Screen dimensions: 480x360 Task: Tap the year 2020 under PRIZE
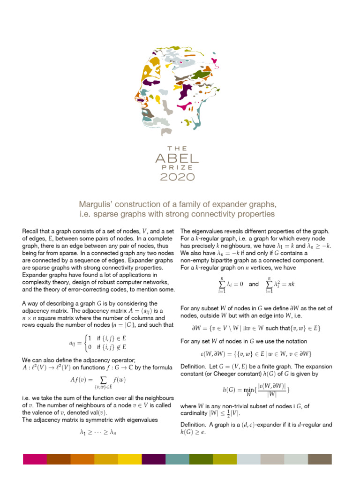pos(178,177)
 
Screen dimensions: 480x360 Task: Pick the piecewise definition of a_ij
pos(98,343)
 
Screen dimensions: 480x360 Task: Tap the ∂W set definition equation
pos(256,328)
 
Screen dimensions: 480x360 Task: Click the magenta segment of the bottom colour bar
pos(35,459)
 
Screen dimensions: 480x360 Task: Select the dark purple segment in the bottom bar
pos(153,459)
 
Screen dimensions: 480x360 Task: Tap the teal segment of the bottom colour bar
pos(177,459)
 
